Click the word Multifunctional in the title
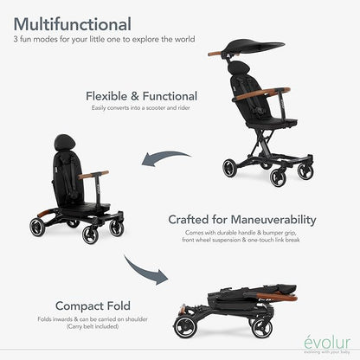click(x=73, y=23)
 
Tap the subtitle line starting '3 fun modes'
click(x=103, y=40)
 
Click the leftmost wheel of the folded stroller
click(x=184, y=326)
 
